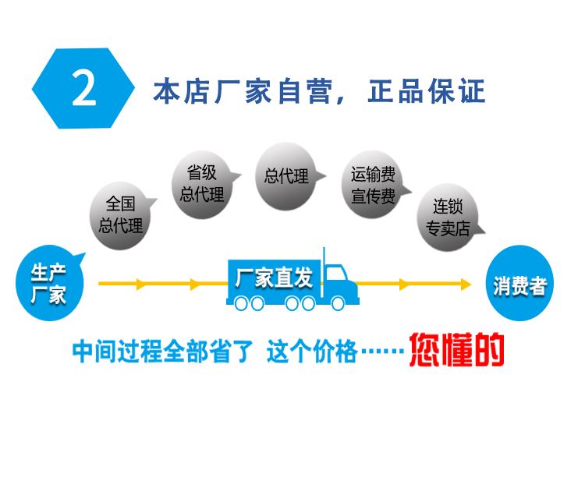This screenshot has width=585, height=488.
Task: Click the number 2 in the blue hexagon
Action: pos(83,89)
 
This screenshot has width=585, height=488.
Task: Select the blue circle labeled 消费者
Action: pos(519,285)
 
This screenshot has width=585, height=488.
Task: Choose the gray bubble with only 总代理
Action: pos(286,176)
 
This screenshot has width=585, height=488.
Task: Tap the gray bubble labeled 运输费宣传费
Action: pos(372,186)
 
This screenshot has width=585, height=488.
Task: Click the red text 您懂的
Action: pos(457,351)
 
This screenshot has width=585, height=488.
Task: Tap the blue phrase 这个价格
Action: pos(311,352)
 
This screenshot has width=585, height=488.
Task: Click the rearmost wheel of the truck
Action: pos(239,303)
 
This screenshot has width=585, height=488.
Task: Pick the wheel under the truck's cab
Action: pos(338,303)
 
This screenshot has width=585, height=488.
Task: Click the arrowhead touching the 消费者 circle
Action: pos(466,285)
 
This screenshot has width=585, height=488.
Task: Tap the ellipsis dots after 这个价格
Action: pos(383,353)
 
